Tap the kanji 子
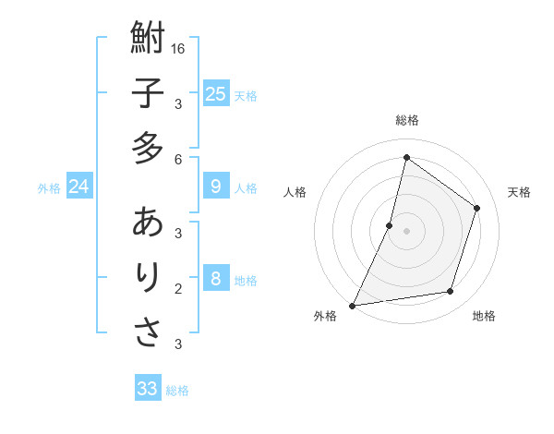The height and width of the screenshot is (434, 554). click(x=148, y=93)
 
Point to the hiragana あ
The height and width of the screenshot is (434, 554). click(x=148, y=223)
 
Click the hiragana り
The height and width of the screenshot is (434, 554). click(x=148, y=277)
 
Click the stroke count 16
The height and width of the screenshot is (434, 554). click(x=178, y=49)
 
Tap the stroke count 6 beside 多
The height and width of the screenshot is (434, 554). click(x=178, y=160)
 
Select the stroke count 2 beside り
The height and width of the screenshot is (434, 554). click(x=178, y=289)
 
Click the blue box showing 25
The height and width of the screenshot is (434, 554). click(x=215, y=93)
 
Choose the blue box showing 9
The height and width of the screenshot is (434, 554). click(x=215, y=187)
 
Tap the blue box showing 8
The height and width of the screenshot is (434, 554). click(x=215, y=280)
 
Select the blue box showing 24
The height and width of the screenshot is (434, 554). click(x=79, y=187)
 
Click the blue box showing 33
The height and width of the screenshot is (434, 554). click(x=148, y=389)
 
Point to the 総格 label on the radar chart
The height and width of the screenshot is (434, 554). click(x=407, y=120)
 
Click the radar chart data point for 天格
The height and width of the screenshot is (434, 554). click(x=477, y=208)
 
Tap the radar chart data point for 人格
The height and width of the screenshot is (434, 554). click(x=390, y=225)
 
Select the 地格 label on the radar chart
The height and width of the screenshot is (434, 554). click(x=484, y=316)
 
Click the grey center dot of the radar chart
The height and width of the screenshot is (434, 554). click(x=406, y=231)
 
